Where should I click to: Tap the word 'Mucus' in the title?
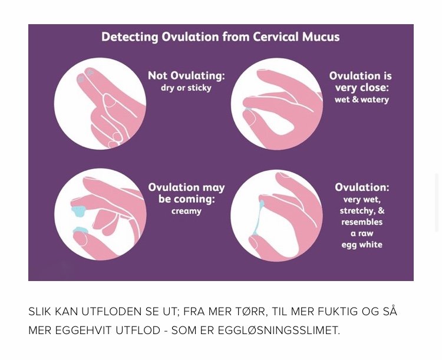321,37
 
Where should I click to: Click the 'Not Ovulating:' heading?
186,75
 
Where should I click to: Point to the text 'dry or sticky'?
186,88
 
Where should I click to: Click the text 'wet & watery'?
362,100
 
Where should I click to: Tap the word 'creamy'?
186,211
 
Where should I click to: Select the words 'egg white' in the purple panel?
362,245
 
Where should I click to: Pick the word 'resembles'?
362,222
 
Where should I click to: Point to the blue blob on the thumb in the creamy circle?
81,230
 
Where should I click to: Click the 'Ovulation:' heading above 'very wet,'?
362,187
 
